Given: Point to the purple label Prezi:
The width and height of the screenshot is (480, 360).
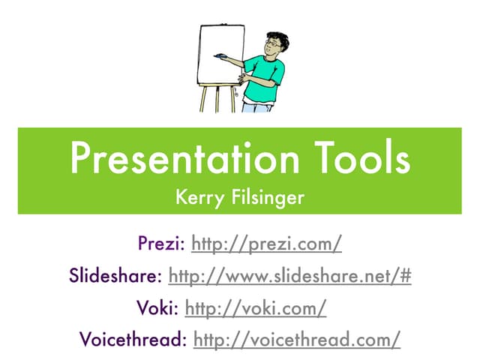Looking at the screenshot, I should pos(162,244).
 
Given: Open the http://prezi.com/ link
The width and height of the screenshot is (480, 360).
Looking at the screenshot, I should pos(267,244).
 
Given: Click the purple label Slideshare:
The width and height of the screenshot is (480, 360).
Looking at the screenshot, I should pos(115,276).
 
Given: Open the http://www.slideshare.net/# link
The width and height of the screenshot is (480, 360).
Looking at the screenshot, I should pos(290,276).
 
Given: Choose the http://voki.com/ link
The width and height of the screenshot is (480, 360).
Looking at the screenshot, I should pos(255,307).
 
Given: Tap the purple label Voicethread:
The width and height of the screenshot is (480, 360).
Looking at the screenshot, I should pos(133,339).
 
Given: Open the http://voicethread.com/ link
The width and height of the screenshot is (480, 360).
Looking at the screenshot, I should pos(297,339).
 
